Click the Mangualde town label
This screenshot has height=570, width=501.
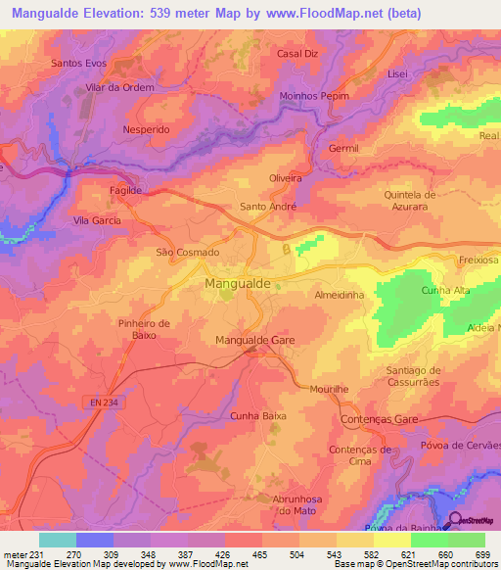pyautogui.click(x=240, y=284)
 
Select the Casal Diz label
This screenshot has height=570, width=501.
pyautogui.click(x=297, y=53)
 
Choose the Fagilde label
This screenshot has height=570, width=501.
pyautogui.click(x=126, y=189)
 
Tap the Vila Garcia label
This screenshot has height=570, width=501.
pyautogui.click(x=97, y=221)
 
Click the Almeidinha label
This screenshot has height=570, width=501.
pyautogui.click(x=339, y=293)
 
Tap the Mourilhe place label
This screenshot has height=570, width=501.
pyautogui.click(x=327, y=389)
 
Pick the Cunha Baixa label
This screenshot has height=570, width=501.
pyautogui.click(x=257, y=415)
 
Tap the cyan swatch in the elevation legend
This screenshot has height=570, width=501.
pyautogui.click(x=57, y=540)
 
